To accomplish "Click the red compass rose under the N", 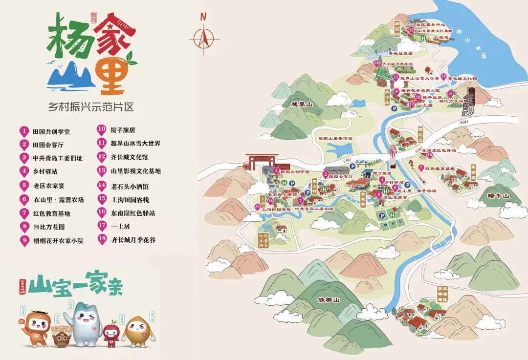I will click(204, 37).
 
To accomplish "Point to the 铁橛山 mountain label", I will click(328, 299).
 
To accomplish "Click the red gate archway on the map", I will click(262, 162).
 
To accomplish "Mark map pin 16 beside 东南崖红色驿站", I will click(429, 155).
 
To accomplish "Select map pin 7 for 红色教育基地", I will click(421, 168).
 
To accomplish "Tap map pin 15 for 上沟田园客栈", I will click(257, 206).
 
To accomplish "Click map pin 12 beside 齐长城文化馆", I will click(443, 77).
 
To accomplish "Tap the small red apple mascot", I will click(111, 333).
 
